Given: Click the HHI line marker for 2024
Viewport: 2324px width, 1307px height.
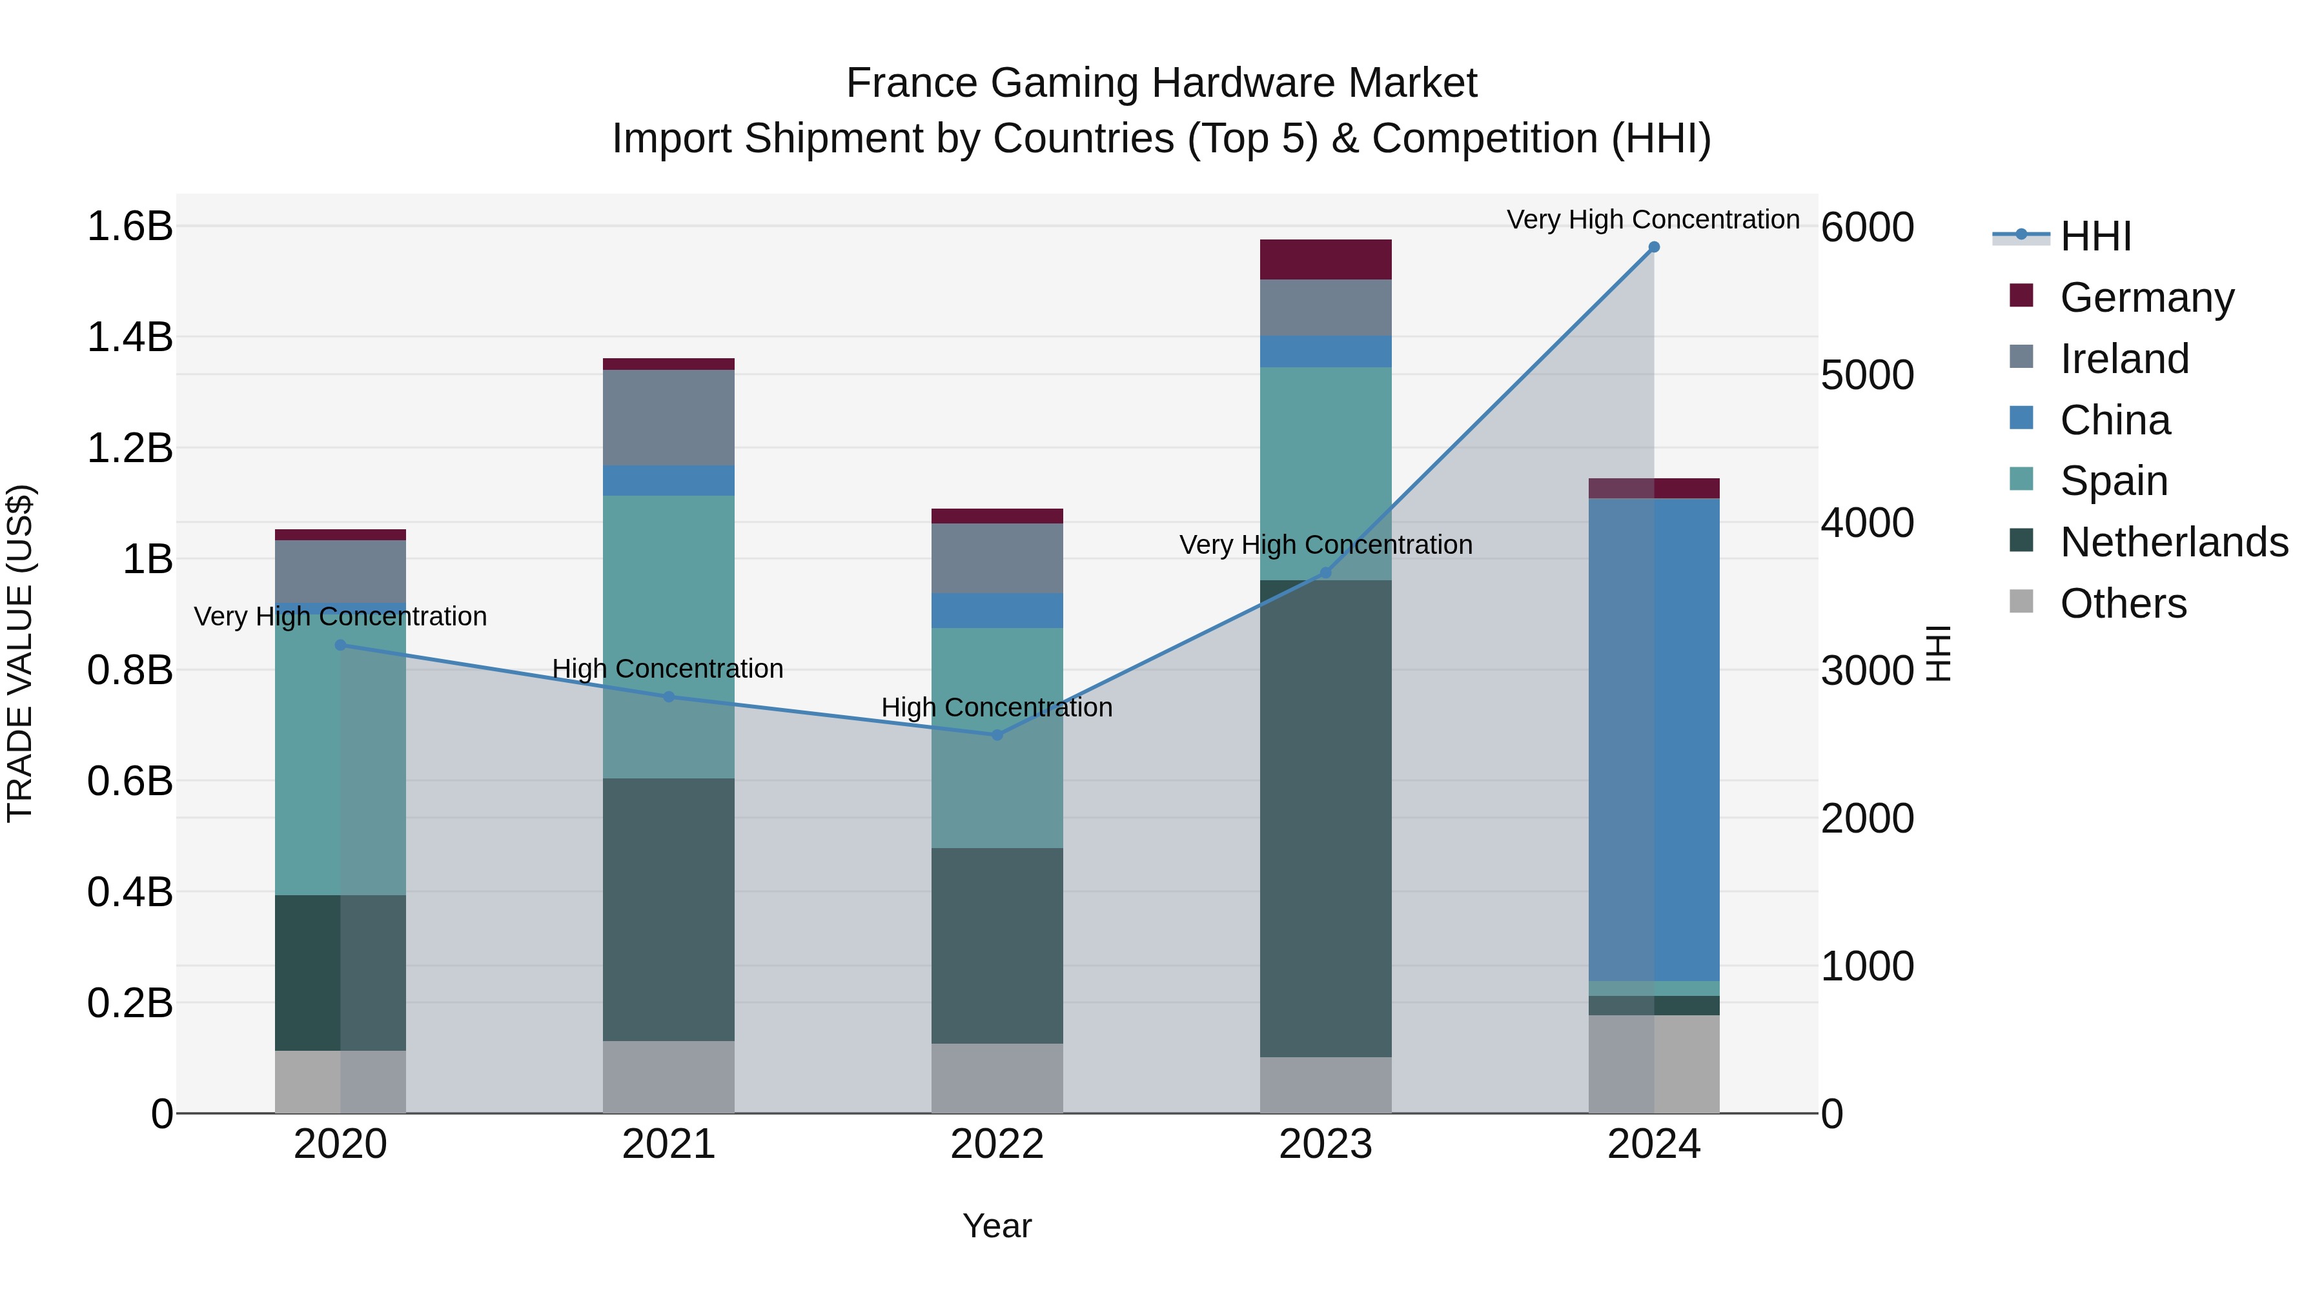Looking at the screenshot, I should click(1654, 247).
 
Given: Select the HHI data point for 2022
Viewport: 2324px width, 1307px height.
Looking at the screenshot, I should click(997, 735).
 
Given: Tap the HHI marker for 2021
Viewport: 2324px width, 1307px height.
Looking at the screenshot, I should click(669, 697).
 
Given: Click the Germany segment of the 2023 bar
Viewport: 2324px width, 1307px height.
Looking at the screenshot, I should click(1325, 259).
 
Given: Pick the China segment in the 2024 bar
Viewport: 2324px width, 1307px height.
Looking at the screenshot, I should click(1654, 740).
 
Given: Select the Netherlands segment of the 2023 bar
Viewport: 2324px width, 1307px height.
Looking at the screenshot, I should click(1325, 818).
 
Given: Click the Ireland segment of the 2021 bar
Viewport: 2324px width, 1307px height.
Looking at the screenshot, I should click(669, 418).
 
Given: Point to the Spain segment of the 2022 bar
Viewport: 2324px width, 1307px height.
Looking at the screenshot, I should click(997, 738).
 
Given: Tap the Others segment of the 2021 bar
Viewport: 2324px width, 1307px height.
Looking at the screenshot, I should click(669, 1077).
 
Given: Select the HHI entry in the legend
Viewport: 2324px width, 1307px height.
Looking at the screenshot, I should click(2095, 236).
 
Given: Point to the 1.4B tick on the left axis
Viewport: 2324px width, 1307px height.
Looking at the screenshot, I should click(130, 338).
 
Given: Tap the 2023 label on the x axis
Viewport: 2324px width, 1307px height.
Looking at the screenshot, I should click(1325, 1144).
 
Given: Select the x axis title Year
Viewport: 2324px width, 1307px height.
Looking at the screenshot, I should click(997, 1226).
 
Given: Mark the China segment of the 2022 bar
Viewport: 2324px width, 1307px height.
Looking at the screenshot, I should click(997, 611).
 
